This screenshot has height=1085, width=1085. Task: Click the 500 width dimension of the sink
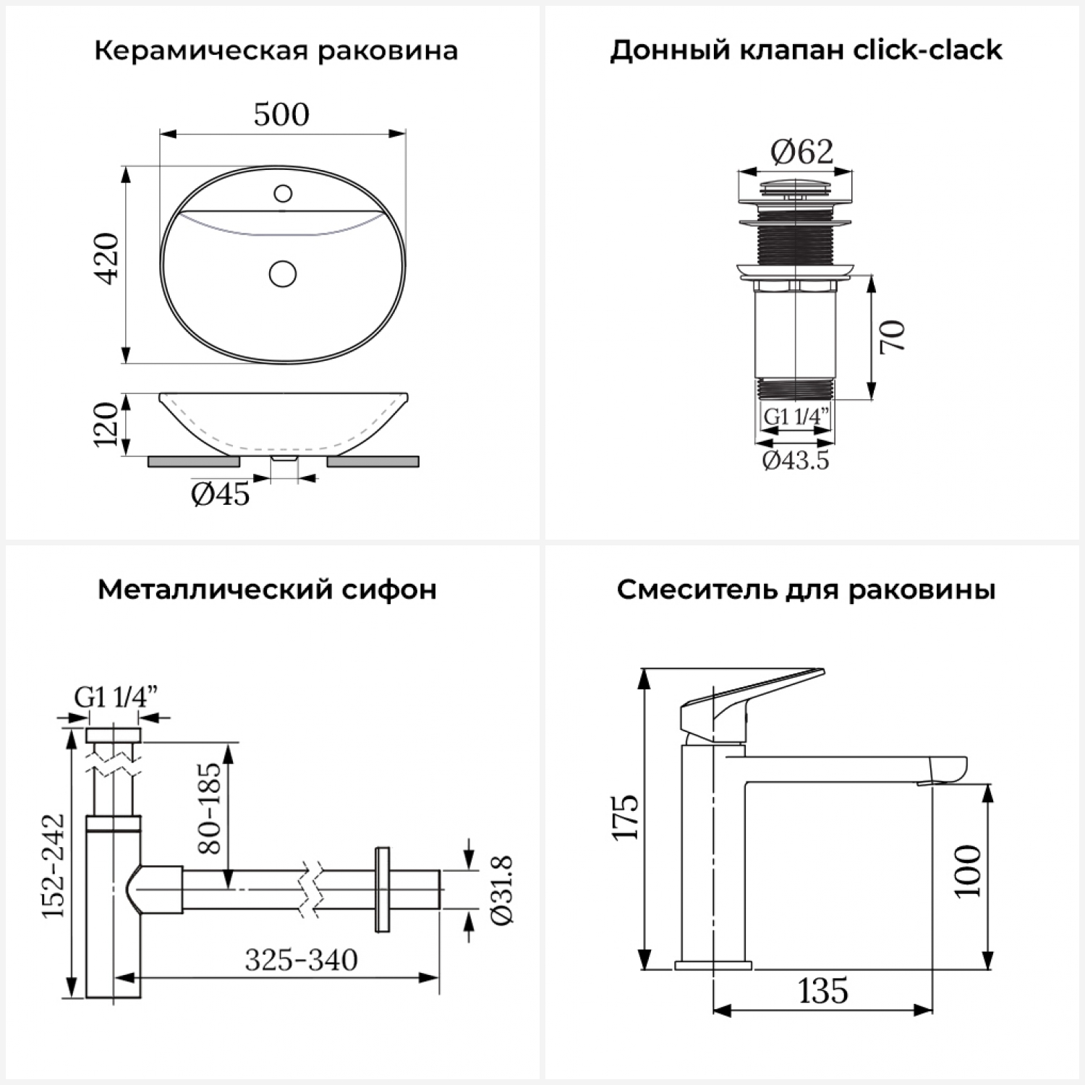tap(281, 114)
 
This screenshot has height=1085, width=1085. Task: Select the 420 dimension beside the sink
tap(107, 258)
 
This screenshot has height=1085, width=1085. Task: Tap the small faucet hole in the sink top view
tap(283, 193)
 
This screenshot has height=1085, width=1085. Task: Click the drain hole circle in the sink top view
tap(282, 274)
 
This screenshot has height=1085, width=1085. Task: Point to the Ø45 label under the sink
tap(221, 494)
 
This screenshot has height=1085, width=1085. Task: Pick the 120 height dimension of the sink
tap(106, 425)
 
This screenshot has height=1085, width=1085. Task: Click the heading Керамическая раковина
tap(276, 51)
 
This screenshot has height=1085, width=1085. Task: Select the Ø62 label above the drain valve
tap(802, 152)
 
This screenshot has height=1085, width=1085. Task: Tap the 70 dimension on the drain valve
tap(893, 336)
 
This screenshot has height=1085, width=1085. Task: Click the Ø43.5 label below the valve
tap(796, 460)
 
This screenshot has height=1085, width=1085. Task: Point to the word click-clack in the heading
tap(928, 50)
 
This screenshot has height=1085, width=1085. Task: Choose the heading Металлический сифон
tap(268, 590)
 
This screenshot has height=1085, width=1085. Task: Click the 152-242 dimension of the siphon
tap(54, 866)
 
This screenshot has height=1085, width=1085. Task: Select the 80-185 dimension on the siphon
tap(209, 808)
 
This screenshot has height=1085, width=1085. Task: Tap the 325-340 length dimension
tap(301, 960)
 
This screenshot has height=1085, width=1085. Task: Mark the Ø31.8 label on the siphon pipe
tap(501, 890)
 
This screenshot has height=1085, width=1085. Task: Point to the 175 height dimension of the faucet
tap(626, 817)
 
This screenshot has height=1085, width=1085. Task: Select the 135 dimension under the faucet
tap(823, 991)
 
